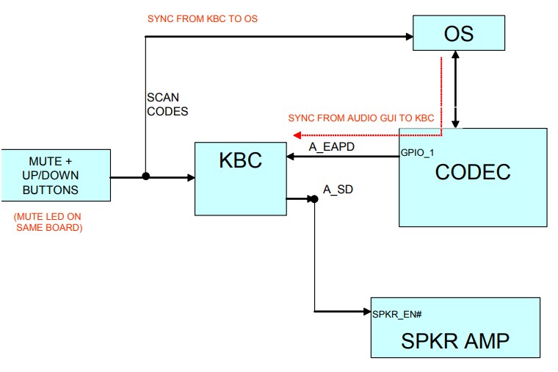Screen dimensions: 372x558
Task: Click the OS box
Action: coord(459,34)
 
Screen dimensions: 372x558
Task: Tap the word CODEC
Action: coord(473,171)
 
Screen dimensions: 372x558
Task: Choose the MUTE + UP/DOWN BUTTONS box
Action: coord(55,175)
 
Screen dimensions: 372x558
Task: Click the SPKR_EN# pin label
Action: coord(397,314)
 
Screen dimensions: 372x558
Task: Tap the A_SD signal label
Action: coord(338,190)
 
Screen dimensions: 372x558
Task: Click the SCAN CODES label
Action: coord(163,104)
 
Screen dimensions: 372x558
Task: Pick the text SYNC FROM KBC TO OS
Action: coord(203,18)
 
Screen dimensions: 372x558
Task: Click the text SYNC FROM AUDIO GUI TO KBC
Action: coord(361,118)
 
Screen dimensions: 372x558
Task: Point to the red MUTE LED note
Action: coord(48,223)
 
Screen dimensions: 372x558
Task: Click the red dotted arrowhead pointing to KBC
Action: coord(296,135)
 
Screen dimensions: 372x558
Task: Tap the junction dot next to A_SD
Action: coord(314,198)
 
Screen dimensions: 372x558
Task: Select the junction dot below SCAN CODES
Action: coord(146,176)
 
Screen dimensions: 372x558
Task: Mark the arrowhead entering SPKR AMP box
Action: coord(367,312)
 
